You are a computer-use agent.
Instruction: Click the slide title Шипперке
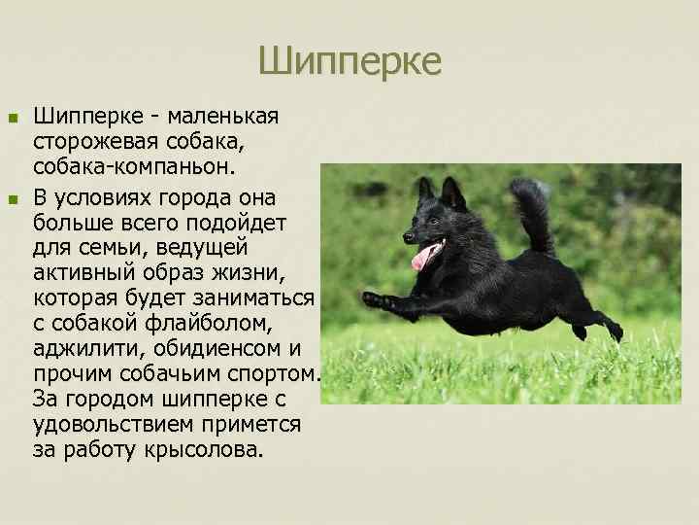tap(349, 61)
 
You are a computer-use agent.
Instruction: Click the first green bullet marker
tap(13, 118)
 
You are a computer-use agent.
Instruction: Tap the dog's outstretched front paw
tap(373, 300)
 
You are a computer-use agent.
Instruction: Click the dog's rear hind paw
tap(615, 332)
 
